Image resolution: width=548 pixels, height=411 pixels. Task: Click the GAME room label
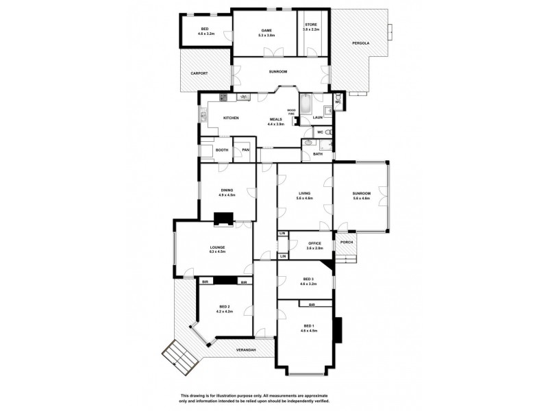(266, 31)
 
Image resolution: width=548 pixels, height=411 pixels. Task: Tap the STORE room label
(311, 25)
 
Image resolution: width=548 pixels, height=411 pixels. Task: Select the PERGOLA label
(360, 44)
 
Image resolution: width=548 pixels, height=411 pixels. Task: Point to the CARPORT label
(199, 73)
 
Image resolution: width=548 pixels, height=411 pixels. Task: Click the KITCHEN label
(230, 119)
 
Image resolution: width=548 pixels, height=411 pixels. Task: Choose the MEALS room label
(275, 119)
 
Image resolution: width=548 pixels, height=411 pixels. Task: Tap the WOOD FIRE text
(291, 111)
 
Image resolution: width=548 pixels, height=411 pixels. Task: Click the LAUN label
(317, 118)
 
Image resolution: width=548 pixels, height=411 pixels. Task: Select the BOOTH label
(221, 150)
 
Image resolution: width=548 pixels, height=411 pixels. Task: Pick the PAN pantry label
(245, 150)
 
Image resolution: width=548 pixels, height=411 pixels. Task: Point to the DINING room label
(227, 190)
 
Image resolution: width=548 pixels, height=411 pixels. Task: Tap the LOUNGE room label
(217, 247)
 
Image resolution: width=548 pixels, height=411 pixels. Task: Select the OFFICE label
(314, 243)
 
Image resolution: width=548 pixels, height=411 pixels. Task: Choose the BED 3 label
(307, 279)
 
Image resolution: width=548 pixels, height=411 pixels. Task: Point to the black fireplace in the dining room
(223, 219)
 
